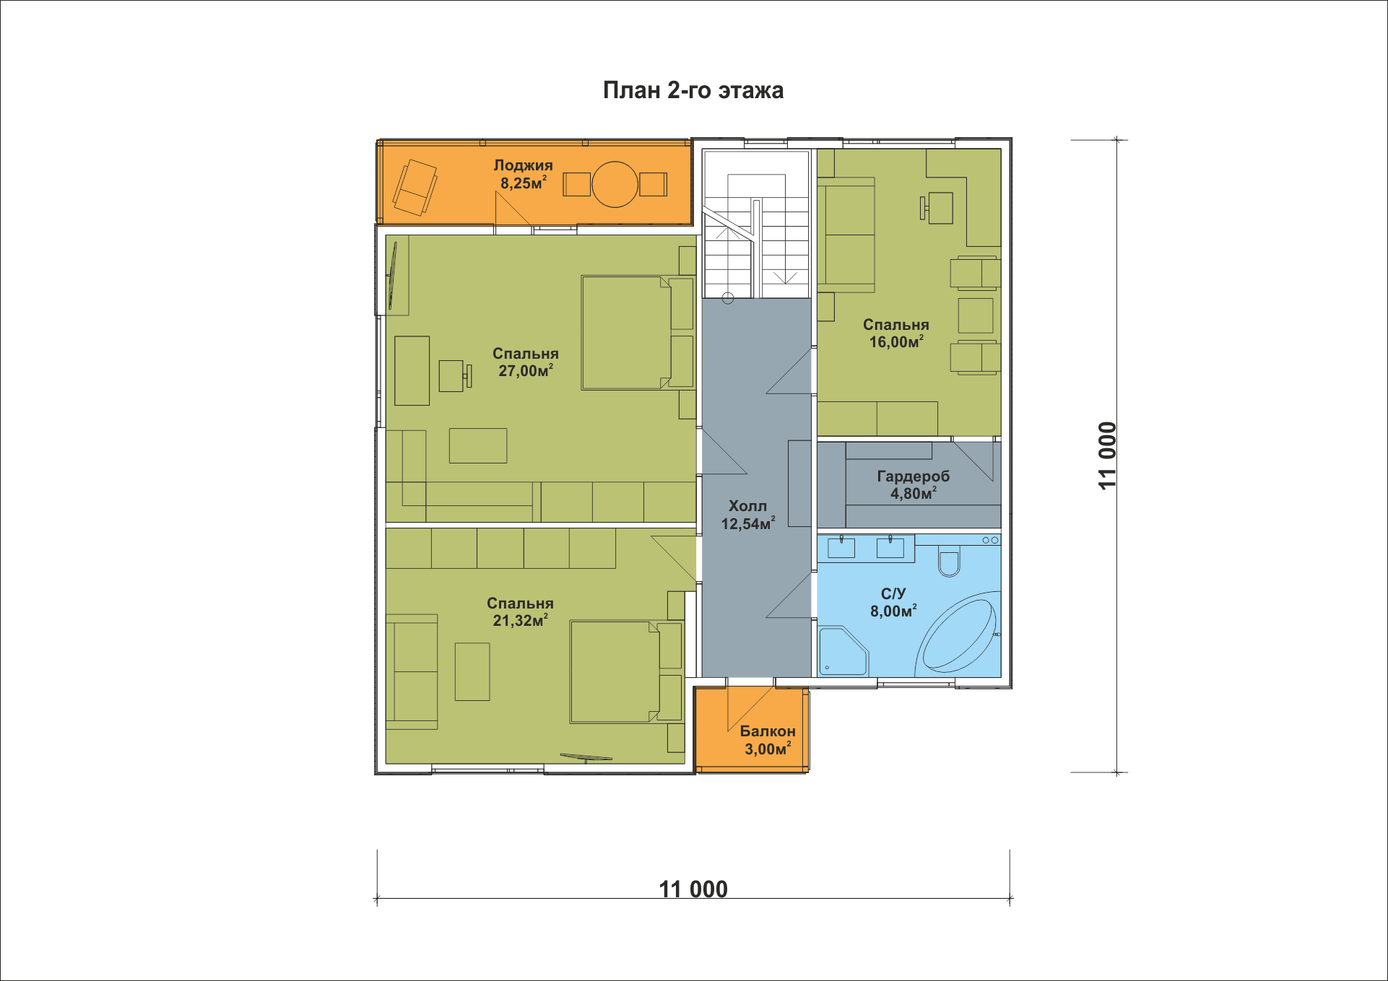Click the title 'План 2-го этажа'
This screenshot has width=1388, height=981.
pyautogui.click(x=693, y=90)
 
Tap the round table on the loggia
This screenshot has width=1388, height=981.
pyautogui.click(x=615, y=184)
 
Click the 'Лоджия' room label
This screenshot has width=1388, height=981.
pyautogui.click(x=524, y=165)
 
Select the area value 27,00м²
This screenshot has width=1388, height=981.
pyautogui.click(x=526, y=371)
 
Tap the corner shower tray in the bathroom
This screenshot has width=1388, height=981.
pyautogui.click(x=843, y=651)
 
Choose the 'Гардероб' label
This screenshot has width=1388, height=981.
pyautogui.click(x=914, y=476)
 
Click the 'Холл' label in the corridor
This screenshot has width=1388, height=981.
pyautogui.click(x=747, y=506)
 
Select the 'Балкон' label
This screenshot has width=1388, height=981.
pyautogui.click(x=768, y=731)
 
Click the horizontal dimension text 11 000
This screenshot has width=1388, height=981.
pyautogui.click(x=693, y=889)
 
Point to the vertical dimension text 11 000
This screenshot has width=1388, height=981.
pyautogui.click(x=1107, y=456)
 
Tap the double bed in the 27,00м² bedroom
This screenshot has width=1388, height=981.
pyautogui.click(x=638, y=333)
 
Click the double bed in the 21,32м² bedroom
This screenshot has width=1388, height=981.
pyautogui.click(x=626, y=671)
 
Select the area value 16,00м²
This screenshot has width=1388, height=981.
pyautogui.click(x=896, y=342)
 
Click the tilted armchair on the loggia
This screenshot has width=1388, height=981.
pyautogui.click(x=415, y=188)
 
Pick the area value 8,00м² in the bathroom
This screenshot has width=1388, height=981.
pyautogui.click(x=893, y=611)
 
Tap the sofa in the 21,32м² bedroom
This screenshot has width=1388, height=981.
pyautogui.click(x=412, y=671)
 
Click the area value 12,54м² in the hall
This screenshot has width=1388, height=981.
pyautogui.click(x=748, y=524)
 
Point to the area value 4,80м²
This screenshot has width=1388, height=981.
pyautogui.click(x=914, y=494)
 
